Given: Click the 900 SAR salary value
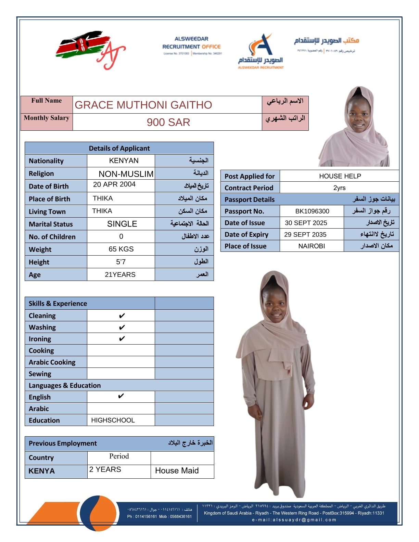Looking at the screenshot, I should click(x=168, y=122).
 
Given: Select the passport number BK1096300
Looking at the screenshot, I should click(x=312, y=211).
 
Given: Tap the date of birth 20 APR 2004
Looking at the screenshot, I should click(x=114, y=184).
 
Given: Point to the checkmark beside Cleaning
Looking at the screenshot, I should click(x=122, y=315).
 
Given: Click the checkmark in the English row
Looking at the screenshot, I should click(x=121, y=396).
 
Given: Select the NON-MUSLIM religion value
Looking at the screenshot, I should click(x=126, y=174).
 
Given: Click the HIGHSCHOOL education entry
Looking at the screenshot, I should click(x=113, y=420).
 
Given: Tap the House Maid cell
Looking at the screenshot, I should click(x=177, y=471).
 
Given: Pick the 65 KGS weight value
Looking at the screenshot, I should click(x=121, y=249).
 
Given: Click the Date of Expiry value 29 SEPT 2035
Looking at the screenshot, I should click(x=305, y=234).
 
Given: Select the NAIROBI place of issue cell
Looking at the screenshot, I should click(x=312, y=246).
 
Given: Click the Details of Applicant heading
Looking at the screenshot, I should click(x=119, y=148).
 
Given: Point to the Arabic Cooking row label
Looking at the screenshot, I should click(x=52, y=362).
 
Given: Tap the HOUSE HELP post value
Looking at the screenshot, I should click(x=340, y=176).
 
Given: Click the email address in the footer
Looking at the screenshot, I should click(x=294, y=520).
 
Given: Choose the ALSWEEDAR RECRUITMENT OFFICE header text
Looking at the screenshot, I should click(x=191, y=43).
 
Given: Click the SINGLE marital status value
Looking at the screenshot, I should click(x=122, y=224).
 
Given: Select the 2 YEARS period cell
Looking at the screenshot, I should click(x=105, y=469).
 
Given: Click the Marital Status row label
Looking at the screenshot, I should click(x=51, y=224).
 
